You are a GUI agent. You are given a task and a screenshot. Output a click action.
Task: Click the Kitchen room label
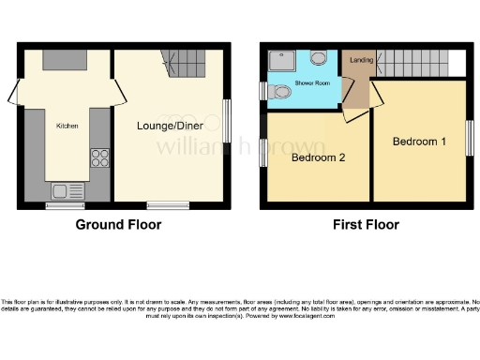click(67, 126)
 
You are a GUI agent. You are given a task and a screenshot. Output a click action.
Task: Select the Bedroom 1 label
click(418, 142)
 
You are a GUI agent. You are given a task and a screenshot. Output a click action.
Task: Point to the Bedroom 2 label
click(319, 157)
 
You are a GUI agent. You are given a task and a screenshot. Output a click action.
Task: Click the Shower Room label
click(312, 82)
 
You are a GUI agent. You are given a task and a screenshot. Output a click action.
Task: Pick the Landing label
click(357, 63)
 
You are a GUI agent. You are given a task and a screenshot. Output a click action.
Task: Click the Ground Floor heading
click(118, 225)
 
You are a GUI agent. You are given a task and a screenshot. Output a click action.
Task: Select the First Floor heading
click(366, 225)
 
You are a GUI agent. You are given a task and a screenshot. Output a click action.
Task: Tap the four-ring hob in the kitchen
click(98, 158)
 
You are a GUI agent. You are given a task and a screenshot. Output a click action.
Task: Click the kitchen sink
click(66, 191)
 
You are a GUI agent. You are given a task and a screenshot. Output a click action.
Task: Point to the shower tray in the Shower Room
click(280, 61)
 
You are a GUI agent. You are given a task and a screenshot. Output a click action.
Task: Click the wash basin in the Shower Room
click(320, 59)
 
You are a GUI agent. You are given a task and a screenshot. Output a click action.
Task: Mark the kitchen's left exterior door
click(15, 94)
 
